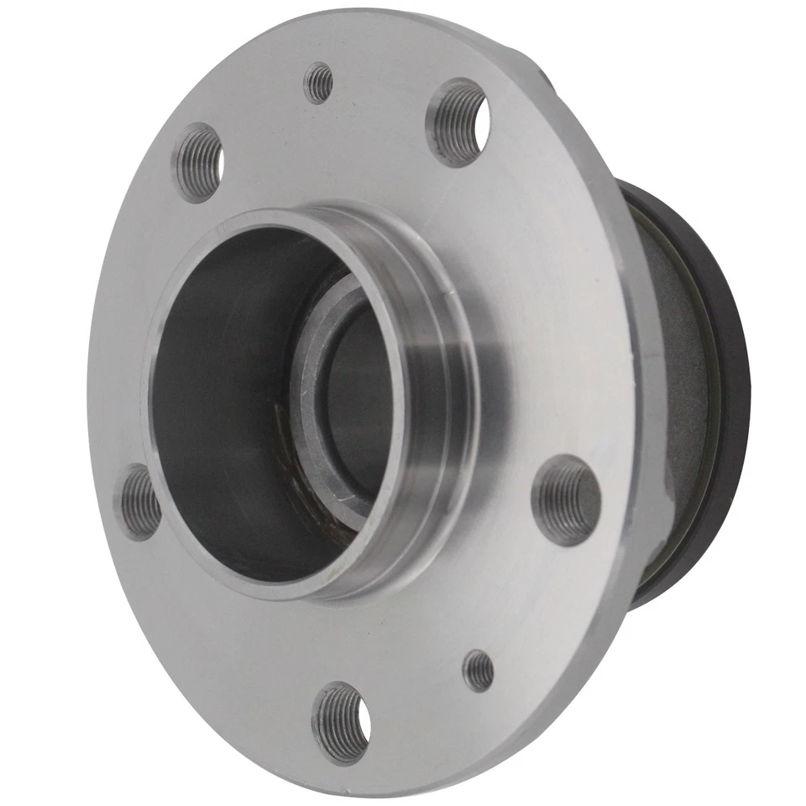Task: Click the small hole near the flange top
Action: [319, 83]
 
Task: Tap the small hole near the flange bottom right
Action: [479, 670]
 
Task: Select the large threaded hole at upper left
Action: [199, 161]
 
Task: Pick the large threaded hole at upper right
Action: [458, 122]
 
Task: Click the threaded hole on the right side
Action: [567, 500]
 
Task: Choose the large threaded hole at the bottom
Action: [342, 721]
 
